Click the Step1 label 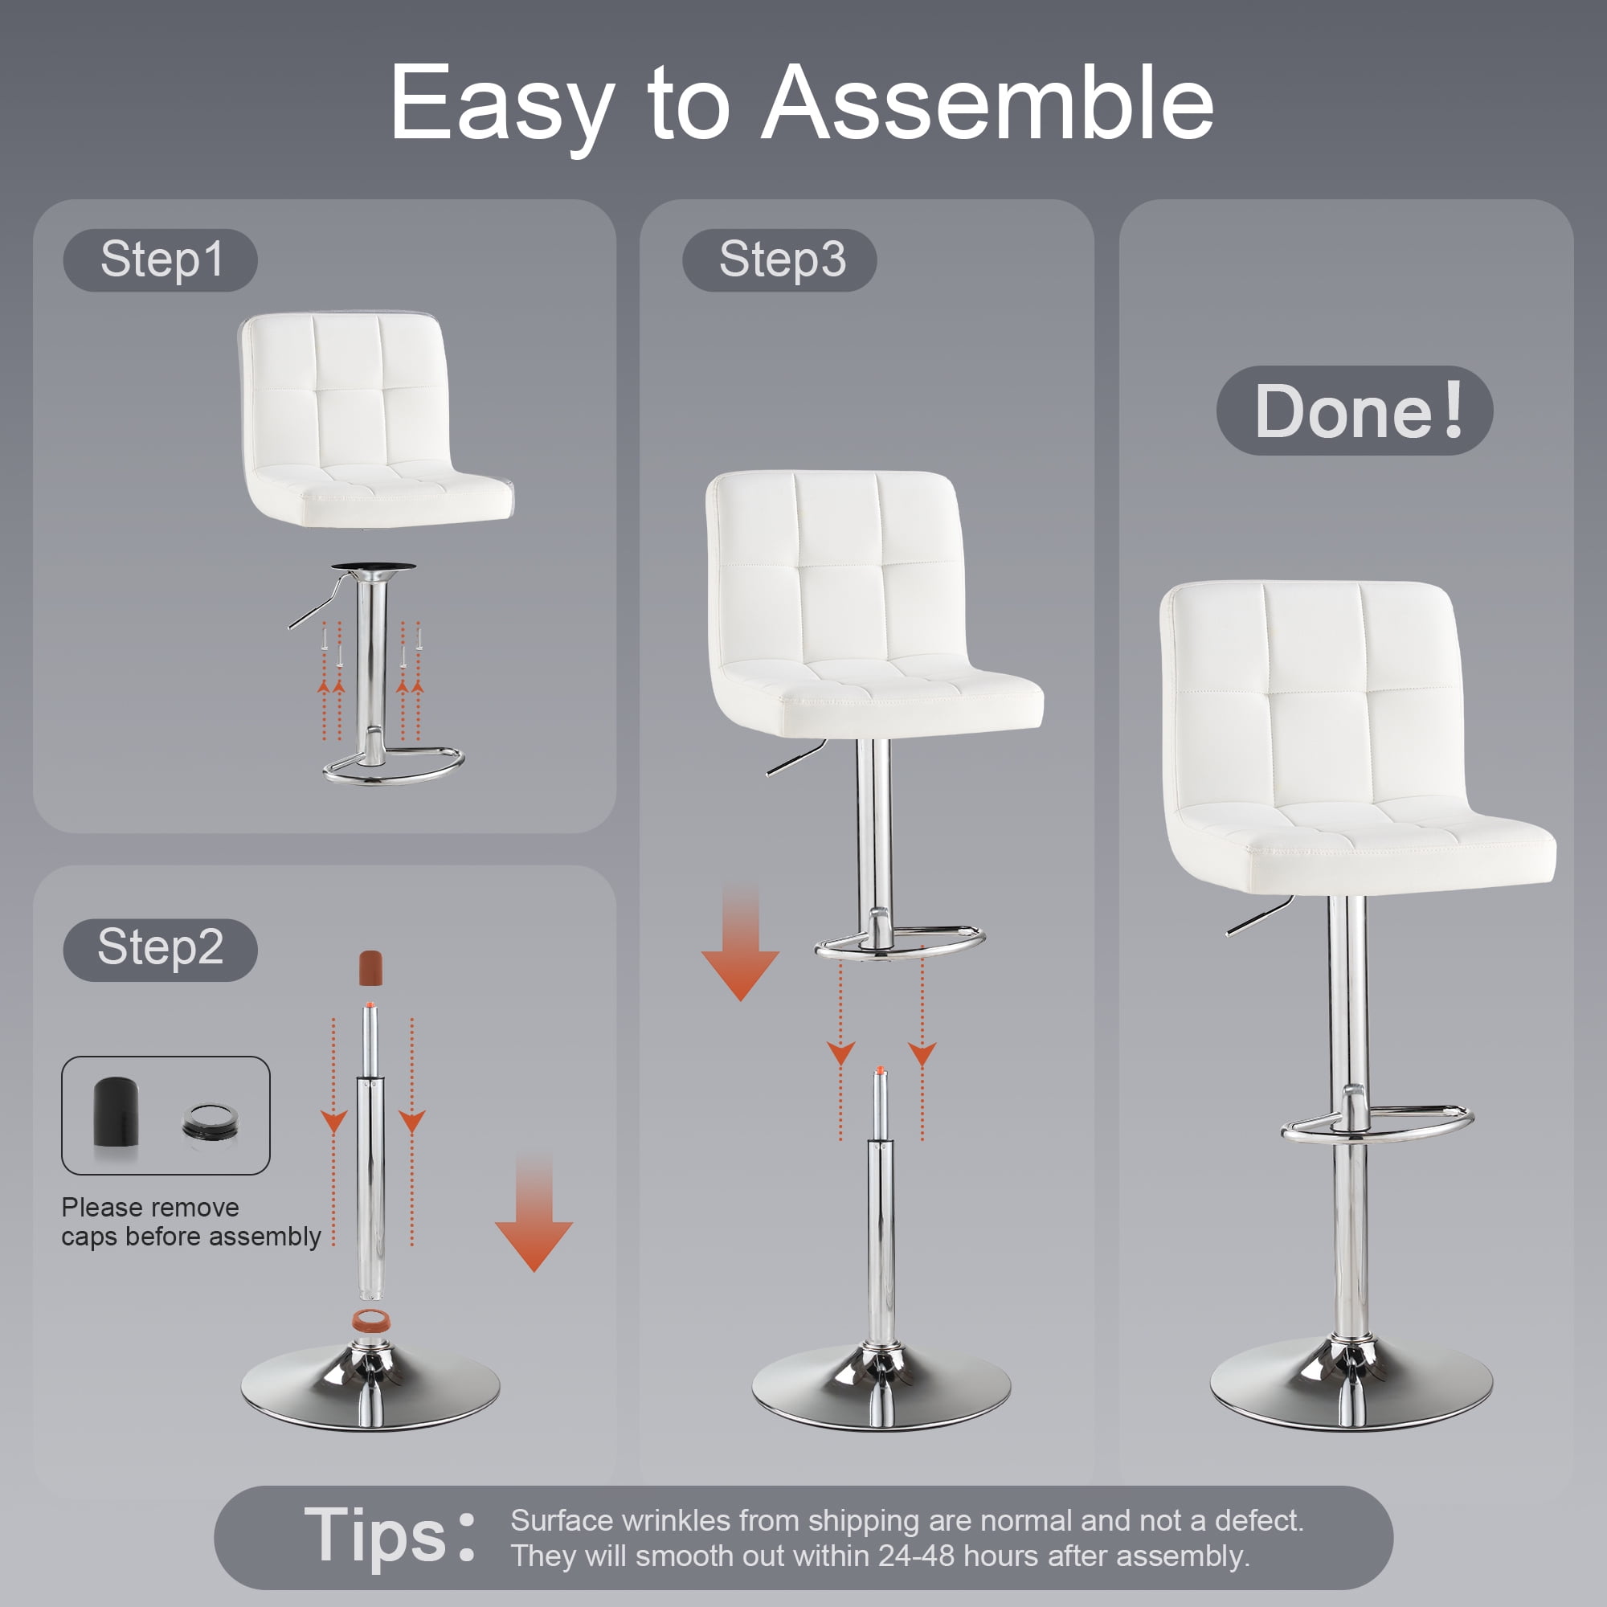coord(161,260)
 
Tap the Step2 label coord(161,949)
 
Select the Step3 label coord(779,260)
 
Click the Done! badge coord(1354,410)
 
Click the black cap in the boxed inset coord(116,1113)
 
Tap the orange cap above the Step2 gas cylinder coord(371,967)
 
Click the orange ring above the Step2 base coord(370,1319)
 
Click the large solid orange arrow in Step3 coord(740,943)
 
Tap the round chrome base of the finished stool coord(1351,1382)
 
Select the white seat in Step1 coord(376,419)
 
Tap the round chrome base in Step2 coord(371,1385)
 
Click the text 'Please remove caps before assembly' coord(190,1222)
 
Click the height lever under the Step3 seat coord(796,757)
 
